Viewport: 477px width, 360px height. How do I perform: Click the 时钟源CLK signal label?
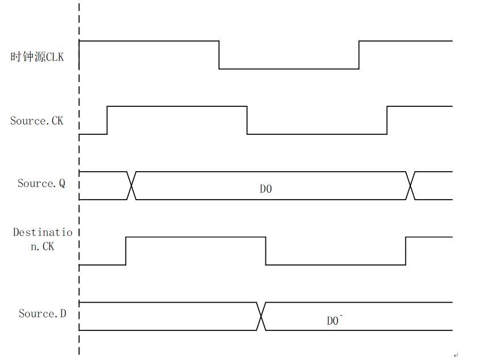(37, 57)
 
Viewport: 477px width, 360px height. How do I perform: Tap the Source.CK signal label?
(37, 121)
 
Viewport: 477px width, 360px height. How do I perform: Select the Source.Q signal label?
(42, 184)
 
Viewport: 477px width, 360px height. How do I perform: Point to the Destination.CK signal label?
(43, 239)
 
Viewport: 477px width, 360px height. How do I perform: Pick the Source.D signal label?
(42, 313)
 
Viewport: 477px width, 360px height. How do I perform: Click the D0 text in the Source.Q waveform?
(266, 189)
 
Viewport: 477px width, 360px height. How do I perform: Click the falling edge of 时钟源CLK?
(219, 55)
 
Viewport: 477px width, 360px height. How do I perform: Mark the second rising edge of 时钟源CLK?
(359, 55)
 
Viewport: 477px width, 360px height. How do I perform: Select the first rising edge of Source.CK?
(107, 120)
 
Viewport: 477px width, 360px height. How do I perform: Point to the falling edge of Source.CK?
(247, 120)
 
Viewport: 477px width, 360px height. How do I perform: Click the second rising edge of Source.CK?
(387, 120)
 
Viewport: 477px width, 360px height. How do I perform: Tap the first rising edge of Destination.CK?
(126, 251)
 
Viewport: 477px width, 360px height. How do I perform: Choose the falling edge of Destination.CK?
(266, 251)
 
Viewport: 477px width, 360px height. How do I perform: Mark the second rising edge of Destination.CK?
(405, 251)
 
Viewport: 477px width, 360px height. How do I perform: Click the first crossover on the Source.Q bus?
(131, 185)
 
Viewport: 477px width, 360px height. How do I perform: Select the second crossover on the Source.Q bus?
(410, 185)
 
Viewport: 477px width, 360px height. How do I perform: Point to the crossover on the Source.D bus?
(261, 316)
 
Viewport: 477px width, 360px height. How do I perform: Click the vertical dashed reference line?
(79, 179)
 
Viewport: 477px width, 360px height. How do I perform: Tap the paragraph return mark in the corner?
(455, 355)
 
